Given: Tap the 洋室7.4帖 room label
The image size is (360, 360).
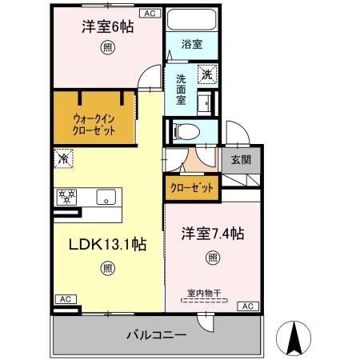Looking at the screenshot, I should (211, 234).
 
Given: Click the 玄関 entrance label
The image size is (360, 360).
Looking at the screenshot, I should (241, 159).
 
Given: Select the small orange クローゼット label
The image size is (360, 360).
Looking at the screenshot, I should (192, 188).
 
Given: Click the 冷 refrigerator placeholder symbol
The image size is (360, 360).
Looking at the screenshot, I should (64, 158).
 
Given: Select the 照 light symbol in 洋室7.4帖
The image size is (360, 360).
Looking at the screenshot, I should (212, 258).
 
